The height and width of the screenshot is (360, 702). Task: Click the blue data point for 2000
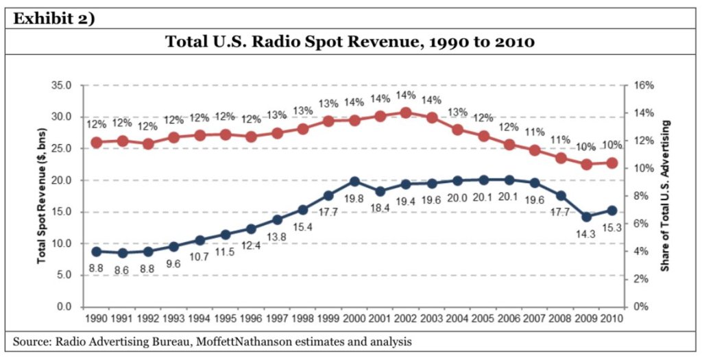pyautogui.click(x=355, y=182)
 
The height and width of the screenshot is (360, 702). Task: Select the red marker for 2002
pyautogui.click(x=405, y=112)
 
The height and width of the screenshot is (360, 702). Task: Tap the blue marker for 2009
pyautogui.click(x=586, y=217)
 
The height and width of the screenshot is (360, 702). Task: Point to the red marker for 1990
pyautogui.click(x=96, y=143)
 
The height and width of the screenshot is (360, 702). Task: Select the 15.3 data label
pyautogui.click(x=611, y=228)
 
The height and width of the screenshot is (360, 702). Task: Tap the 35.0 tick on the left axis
pyautogui.click(x=62, y=86)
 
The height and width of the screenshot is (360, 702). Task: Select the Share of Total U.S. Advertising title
pyautogui.click(x=664, y=195)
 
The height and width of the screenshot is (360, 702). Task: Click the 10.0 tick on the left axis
pyautogui.click(x=62, y=243)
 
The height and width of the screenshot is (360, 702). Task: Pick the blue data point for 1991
pyautogui.click(x=123, y=253)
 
